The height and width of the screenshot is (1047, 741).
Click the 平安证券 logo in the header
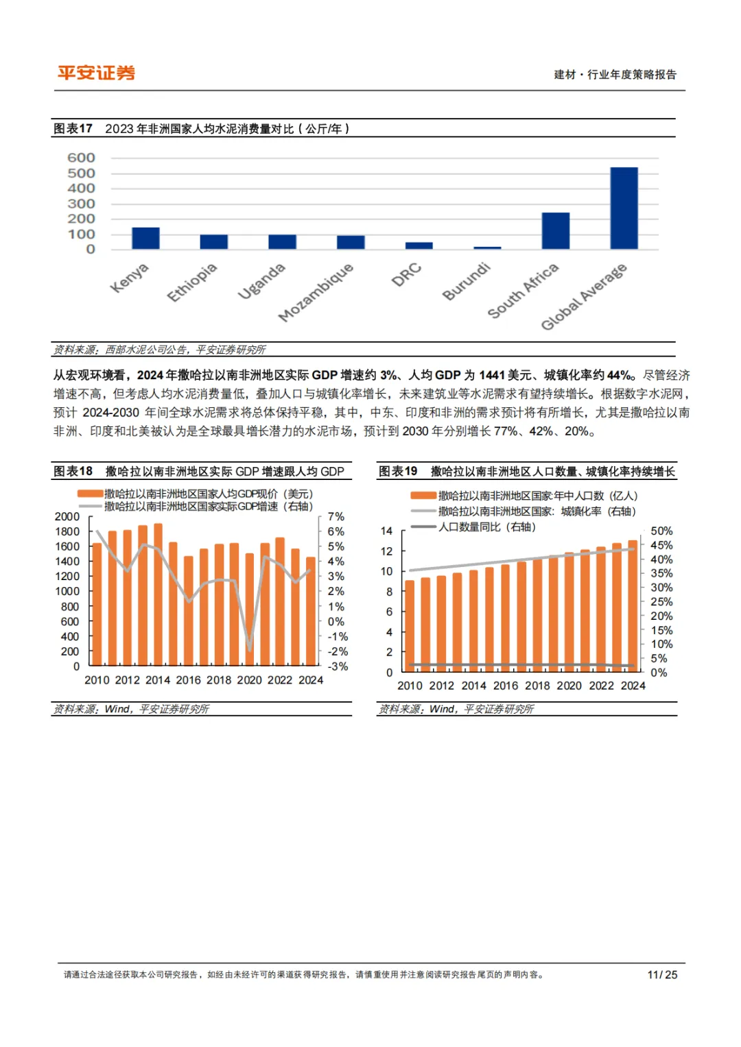click(96, 73)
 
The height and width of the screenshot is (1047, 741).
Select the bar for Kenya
click(145, 238)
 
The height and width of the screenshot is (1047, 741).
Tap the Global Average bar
click(624, 208)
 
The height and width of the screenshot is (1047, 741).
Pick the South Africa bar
click(555, 230)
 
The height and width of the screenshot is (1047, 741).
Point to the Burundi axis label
click(467, 281)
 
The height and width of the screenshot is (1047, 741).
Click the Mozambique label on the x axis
click(316, 291)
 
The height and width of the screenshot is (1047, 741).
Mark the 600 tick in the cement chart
click(81, 158)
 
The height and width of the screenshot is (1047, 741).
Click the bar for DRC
click(419, 245)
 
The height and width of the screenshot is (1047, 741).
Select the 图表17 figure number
click(73, 128)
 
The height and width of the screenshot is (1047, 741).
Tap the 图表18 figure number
click(73, 471)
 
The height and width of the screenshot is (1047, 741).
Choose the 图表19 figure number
click(398, 471)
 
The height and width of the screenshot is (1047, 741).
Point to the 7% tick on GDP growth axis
click(336, 516)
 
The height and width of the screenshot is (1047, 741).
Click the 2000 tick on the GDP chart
click(67, 516)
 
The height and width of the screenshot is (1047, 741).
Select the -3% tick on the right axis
click(337, 666)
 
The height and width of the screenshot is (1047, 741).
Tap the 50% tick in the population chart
click(661, 531)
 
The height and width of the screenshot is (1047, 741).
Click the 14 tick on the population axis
click(386, 531)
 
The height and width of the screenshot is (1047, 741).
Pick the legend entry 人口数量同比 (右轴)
click(487, 527)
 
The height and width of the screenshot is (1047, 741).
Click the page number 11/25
click(662, 974)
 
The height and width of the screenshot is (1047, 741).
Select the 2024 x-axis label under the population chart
click(633, 685)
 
